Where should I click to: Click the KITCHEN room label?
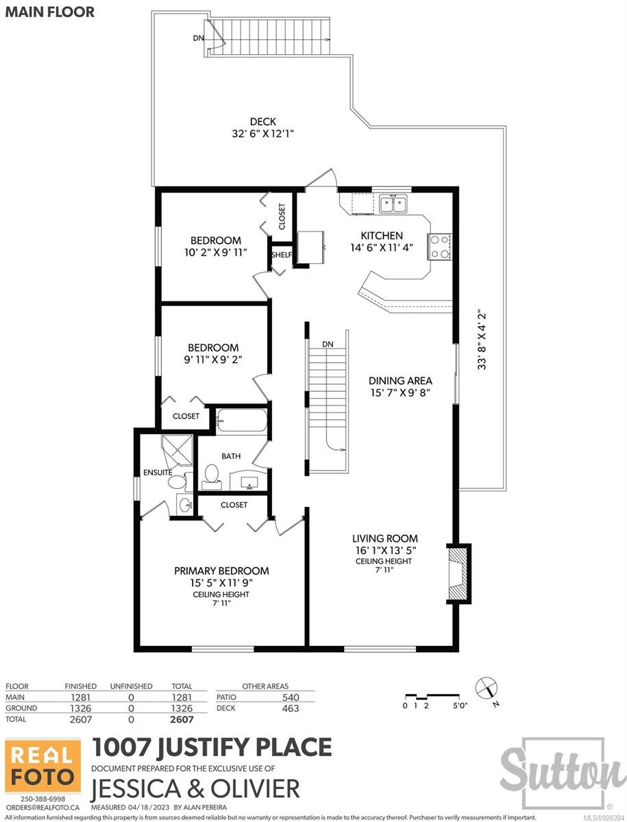pos(382,236)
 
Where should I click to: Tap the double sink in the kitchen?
pos(393,204)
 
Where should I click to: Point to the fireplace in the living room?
pos(458,573)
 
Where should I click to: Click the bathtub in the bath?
pos(242,420)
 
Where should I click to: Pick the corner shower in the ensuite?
pos(177,450)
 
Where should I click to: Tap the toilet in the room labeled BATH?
pos(212,476)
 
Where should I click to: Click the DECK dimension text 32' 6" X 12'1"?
pos(262,134)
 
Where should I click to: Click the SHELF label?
pos(282,255)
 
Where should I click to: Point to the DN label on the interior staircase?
pos(328,344)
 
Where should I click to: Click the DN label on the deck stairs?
pos(199,38)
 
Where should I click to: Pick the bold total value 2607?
pos(182,719)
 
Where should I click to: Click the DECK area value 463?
pos(291,708)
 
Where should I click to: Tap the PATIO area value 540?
pos(291,697)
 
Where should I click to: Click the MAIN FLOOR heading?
pos(50,12)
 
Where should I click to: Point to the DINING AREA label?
pos(400,380)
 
